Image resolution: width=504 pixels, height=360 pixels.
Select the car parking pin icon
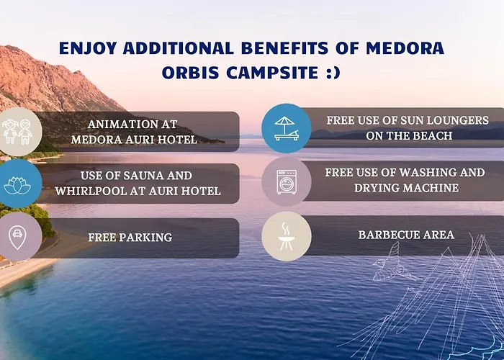click(17, 236)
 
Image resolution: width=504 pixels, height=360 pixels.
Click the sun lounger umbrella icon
click(286, 129)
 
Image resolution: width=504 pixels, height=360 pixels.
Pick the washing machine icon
click(286, 182)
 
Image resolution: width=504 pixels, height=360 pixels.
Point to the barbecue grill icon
click(286, 235)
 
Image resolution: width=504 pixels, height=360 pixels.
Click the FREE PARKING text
click(130, 236)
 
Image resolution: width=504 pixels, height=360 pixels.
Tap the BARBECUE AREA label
click(406, 235)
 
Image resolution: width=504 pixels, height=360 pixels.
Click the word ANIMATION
click(120, 123)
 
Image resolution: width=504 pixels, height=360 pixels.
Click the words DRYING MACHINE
click(406, 189)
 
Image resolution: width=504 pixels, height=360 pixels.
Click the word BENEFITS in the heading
click(284, 50)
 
